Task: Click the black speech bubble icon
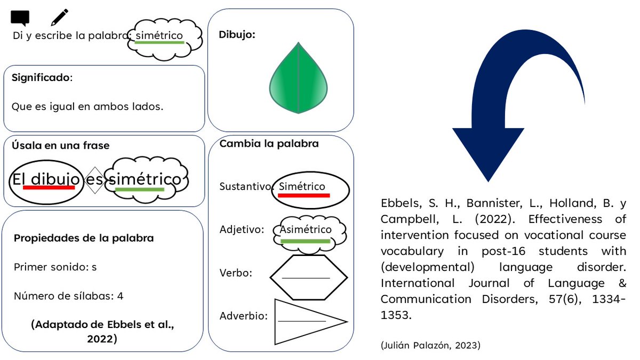(x=20, y=18)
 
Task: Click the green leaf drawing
(x=299, y=78)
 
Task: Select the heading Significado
(x=41, y=78)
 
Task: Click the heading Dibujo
(x=237, y=35)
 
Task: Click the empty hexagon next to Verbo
(x=308, y=277)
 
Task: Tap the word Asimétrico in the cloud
(x=306, y=229)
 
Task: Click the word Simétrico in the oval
(x=302, y=187)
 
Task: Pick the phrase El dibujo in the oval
(x=47, y=180)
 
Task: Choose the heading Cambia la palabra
(x=269, y=144)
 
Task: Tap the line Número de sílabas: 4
(x=68, y=295)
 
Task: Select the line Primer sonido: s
(x=55, y=267)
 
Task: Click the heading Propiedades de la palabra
(x=84, y=238)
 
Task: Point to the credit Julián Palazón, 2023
(x=430, y=346)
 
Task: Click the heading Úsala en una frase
(x=60, y=146)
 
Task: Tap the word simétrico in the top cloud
(x=159, y=36)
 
